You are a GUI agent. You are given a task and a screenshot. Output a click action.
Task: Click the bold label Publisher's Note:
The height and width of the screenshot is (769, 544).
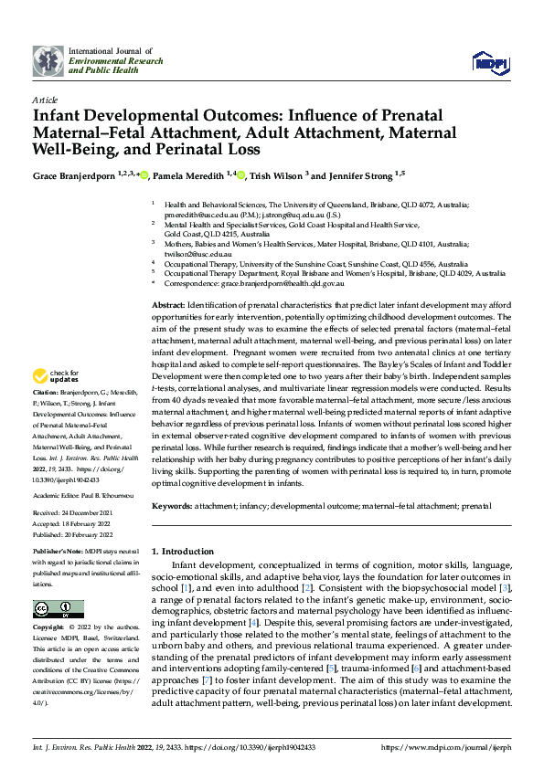pyautogui.click(x=59, y=553)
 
